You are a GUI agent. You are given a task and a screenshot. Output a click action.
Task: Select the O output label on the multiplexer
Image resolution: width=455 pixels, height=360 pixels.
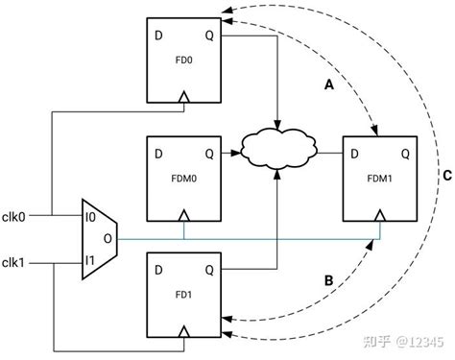[x=107, y=238]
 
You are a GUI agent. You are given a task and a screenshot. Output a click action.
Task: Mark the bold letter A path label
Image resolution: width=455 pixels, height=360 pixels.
[x=327, y=84]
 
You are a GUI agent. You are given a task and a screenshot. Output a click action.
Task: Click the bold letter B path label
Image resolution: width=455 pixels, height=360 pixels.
[x=328, y=281]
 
